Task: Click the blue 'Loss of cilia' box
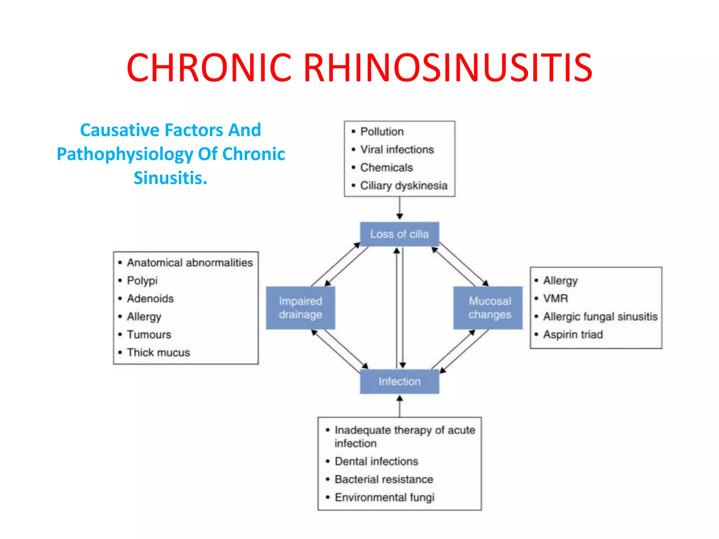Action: (399, 234)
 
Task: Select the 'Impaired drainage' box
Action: (301, 308)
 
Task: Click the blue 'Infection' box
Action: (399, 381)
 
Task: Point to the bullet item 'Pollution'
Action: (382, 132)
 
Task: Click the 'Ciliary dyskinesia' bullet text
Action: (404, 186)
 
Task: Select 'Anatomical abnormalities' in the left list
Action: (190, 262)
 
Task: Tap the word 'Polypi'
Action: (142, 281)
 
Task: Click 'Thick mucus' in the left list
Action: (158, 352)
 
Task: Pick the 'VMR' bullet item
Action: (555, 299)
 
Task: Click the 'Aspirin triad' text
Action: (573, 334)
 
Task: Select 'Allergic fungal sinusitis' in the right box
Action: (600, 317)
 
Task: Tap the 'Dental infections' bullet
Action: (376, 461)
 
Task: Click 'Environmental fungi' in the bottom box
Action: (384, 497)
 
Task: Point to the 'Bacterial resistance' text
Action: (384, 479)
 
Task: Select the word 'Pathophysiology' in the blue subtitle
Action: (125, 154)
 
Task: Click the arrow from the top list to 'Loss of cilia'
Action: (400, 209)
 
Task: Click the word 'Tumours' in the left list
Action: (149, 334)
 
